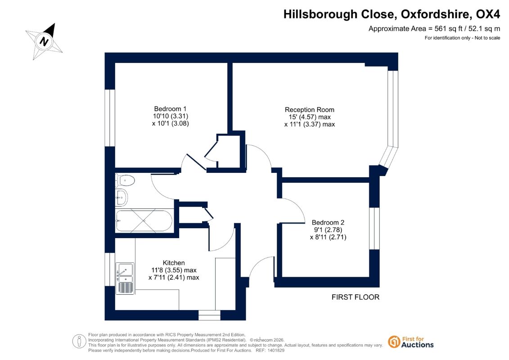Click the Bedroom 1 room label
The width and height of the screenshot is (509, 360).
pos(170,109)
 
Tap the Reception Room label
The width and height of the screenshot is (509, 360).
pos(309,110)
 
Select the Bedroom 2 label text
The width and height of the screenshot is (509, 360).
pos(328,222)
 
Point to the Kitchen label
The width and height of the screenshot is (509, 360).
pos(174,263)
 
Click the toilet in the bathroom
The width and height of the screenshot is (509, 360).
pos(125,180)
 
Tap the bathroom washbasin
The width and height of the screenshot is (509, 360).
pos(122,197)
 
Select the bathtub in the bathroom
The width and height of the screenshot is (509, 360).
pos(144,221)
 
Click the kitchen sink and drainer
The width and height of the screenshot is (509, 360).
pos(125,278)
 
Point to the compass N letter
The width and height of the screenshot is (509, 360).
pos(44,41)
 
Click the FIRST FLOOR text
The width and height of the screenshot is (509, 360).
pos(356,297)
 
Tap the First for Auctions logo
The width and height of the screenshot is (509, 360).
pos(411,342)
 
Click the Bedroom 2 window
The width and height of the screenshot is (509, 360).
pos(374,228)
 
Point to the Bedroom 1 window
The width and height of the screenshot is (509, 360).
pos(110,118)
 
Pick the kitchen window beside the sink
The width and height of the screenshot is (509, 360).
pos(110,270)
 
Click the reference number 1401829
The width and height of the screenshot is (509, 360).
pos(275,351)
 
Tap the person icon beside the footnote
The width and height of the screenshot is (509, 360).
pos(79,342)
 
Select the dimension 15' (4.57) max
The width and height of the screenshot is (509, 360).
pos(310,117)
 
